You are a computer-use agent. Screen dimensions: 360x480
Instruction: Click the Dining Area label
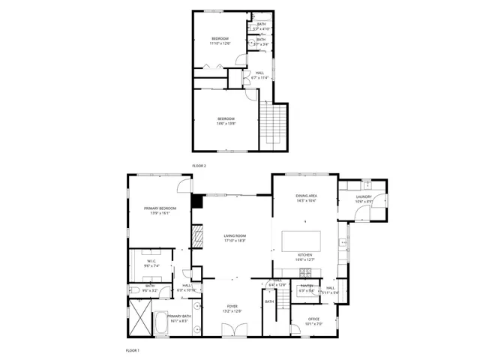point(306,198)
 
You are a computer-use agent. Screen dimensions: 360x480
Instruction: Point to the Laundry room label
point(364,198)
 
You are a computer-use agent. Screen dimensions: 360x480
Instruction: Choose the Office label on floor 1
point(314,320)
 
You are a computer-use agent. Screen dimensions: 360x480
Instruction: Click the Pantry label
point(306,286)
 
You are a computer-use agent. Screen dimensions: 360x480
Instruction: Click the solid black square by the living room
point(197,201)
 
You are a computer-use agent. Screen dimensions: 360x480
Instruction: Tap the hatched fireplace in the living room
point(198,238)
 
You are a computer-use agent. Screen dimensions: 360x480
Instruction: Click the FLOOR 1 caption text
point(132,350)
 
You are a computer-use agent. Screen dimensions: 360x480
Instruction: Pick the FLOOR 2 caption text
point(199,164)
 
